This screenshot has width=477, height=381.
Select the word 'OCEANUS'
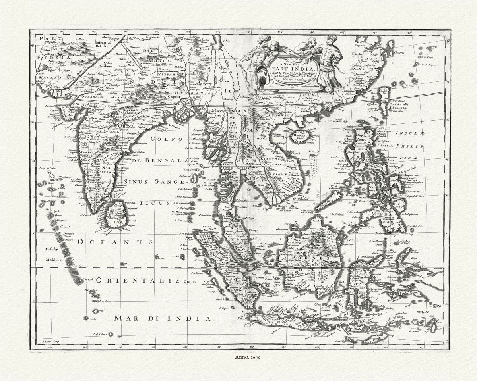115,242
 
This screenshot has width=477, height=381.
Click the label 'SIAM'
245,160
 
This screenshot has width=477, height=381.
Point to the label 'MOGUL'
159,61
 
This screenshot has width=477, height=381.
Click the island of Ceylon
117,214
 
